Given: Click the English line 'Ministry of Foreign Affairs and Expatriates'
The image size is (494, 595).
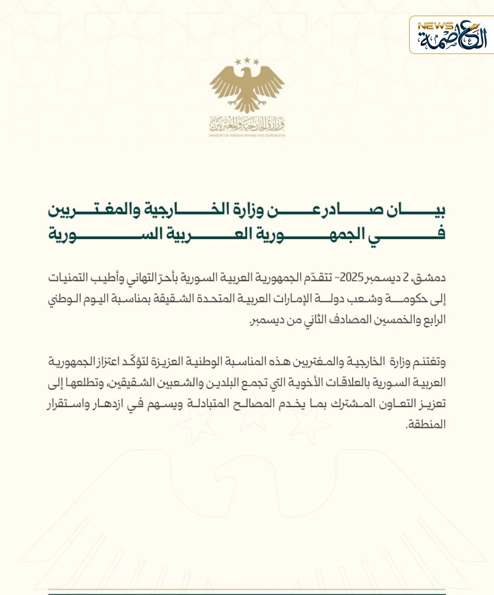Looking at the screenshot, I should pyautogui.click(x=247, y=136).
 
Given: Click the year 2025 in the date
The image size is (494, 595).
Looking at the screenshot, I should pyautogui.click(x=352, y=278).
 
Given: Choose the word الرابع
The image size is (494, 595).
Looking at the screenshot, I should pyautogui.click(x=435, y=320).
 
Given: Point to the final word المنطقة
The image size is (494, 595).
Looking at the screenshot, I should pyautogui.click(x=426, y=425).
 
